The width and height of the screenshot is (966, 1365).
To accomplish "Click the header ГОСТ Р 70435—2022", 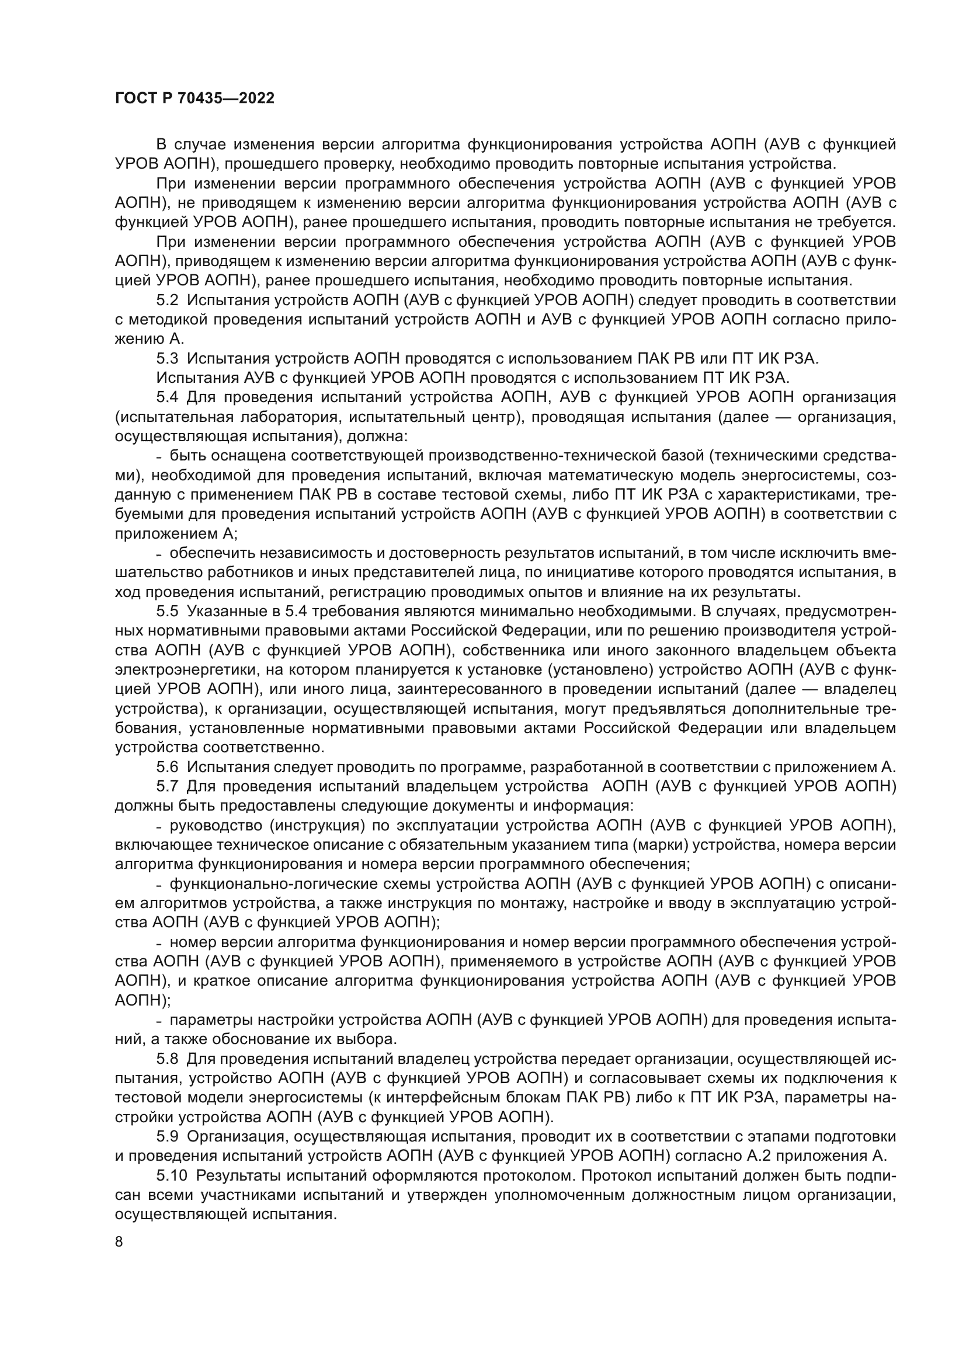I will click(194, 99).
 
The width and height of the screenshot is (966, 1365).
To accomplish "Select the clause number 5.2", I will click(167, 301).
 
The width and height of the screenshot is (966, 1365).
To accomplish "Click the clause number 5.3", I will click(167, 359).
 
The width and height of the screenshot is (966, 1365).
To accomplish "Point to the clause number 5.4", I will click(167, 398).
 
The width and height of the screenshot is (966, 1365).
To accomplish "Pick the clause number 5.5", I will click(167, 612).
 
